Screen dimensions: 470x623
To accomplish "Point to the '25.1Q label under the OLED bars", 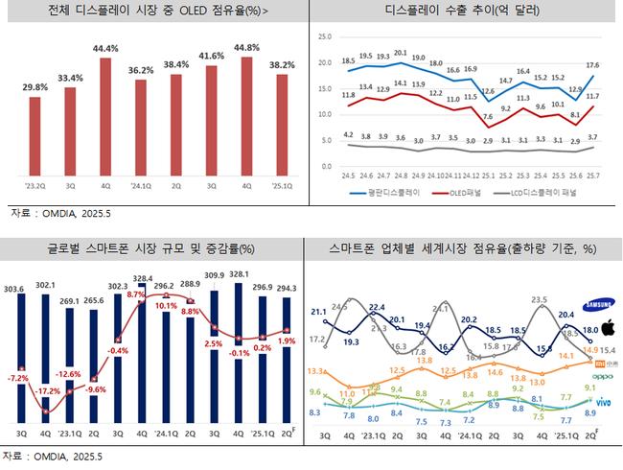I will click(x=279, y=186).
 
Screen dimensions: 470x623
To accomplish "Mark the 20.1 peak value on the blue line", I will click(x=401, y=53).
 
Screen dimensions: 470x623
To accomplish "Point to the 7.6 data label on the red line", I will click(x=489, y=116).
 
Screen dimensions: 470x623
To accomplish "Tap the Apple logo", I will click(x=599, y=330).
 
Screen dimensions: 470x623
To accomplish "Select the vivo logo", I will click(x=600, y=399).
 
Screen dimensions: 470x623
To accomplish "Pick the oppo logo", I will click(x=599, y=377).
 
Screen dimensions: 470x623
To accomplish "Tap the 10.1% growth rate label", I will click(x=166, y=305).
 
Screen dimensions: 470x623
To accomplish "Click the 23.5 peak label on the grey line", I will click(x=539, y=298).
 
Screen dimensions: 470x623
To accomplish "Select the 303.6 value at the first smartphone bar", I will click(x=14, y=288).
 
